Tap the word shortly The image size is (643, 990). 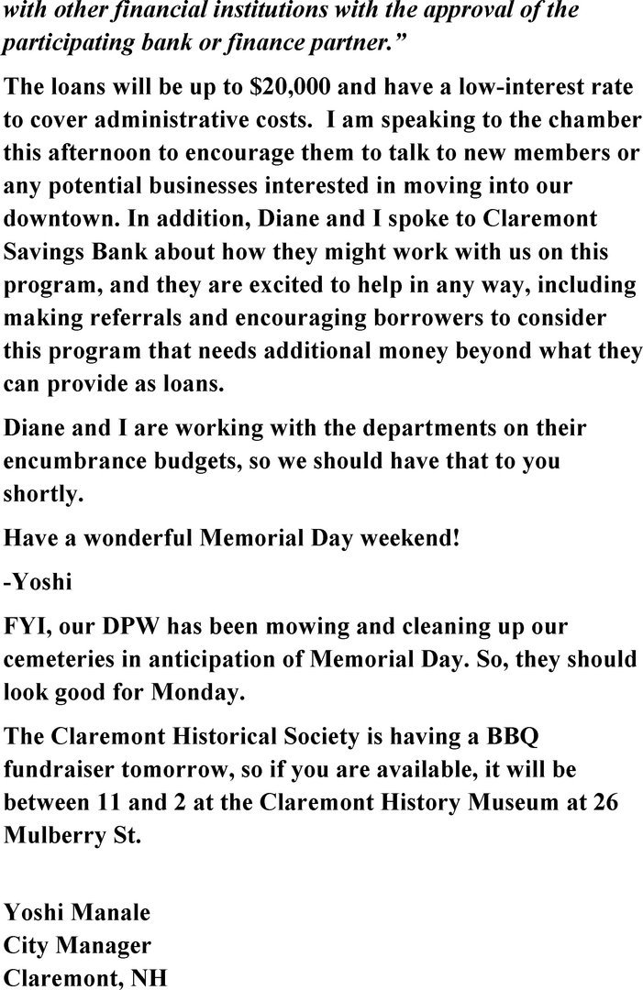tap(41, 494)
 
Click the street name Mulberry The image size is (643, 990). tap(58, 836)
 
